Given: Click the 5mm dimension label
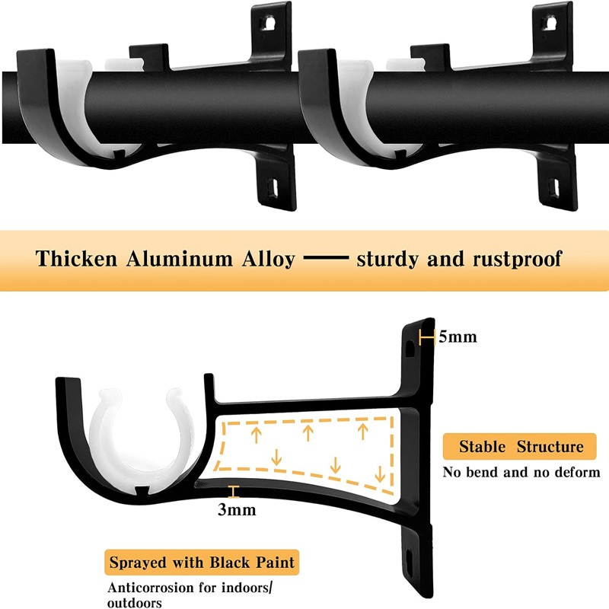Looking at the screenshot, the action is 458,336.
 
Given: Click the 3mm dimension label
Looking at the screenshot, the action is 237,509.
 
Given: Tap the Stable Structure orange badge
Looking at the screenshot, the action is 519,447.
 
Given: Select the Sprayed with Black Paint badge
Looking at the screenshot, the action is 202,563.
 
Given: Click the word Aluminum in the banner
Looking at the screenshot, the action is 179,259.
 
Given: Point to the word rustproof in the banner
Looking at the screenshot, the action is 518,260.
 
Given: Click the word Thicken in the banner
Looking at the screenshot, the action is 76,259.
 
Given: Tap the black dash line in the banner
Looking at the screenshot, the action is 326,257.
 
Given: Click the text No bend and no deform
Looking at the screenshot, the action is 521,472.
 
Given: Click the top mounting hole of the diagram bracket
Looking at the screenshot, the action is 410,349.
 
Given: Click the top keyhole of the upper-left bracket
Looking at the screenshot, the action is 268,23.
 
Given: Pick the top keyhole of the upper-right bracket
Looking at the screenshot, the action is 549,23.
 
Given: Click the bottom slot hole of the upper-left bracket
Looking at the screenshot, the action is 274,187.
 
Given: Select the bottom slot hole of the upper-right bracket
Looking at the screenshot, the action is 556,187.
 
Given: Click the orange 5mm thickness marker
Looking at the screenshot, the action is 426,337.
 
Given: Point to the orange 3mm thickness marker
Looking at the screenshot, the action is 233,491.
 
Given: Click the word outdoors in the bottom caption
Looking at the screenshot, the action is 135,603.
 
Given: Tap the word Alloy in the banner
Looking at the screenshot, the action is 269,260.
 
